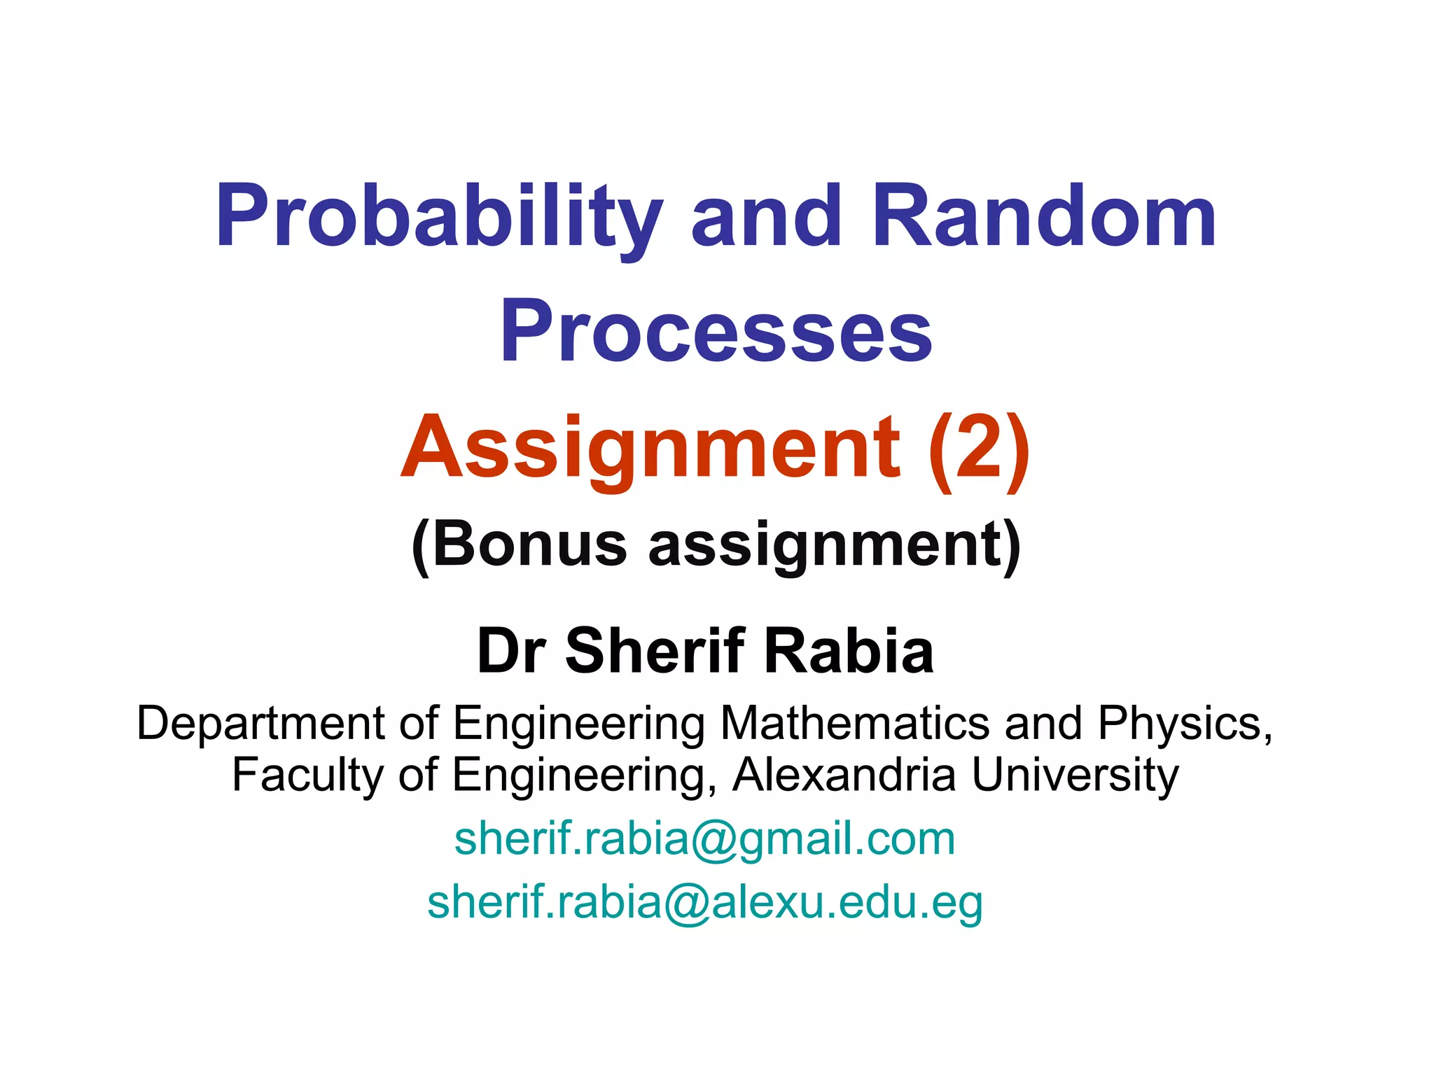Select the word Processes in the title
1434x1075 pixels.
tap(716, 330)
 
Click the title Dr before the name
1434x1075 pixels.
tap(511, 651)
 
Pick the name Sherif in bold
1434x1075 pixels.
tap(655, 651)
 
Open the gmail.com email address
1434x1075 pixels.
tap(704, 838)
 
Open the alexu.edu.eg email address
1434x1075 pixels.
tap(704, 902)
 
